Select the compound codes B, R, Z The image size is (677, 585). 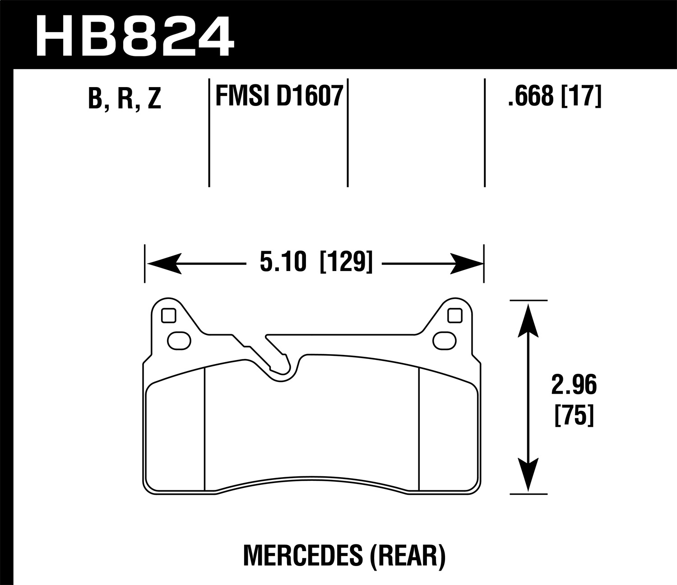(x=125, y=98)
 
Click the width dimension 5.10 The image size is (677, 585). (x=283, y=263)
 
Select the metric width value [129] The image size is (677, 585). (x=346, y=263)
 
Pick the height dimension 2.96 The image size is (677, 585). (x=574, y=386)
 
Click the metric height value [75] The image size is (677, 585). (x=574, y=415)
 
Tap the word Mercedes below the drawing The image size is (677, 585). (x=302, y=556)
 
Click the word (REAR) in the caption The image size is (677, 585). (x=408, y=556)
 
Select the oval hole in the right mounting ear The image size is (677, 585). (x=444, y=340)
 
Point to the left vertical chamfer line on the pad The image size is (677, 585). (x=205, y=428)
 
